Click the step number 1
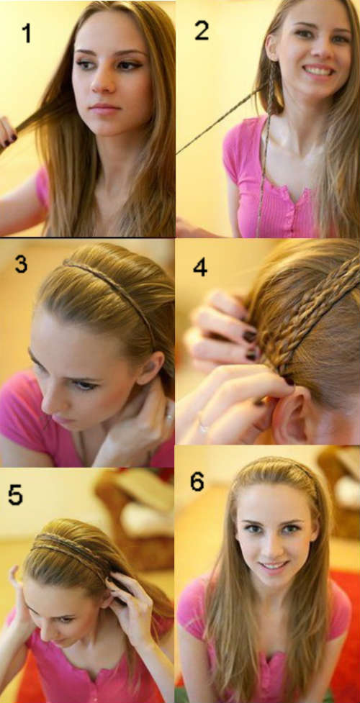pyautogui.click(x=27, y=33)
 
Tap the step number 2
pyautogui.click(x=202, y=30)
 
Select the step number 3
pyautogui.click(x=21, y=263)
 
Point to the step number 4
pyautogui.click(x=200, y=267)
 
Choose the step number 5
pyautogui.click(x=15, y=495)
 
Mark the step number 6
pyautogui.click(x=197, y=482)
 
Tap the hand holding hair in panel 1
pyautogui.click(x=8, y=133)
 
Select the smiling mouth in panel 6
pyautogui.click(x=274, y=566)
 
